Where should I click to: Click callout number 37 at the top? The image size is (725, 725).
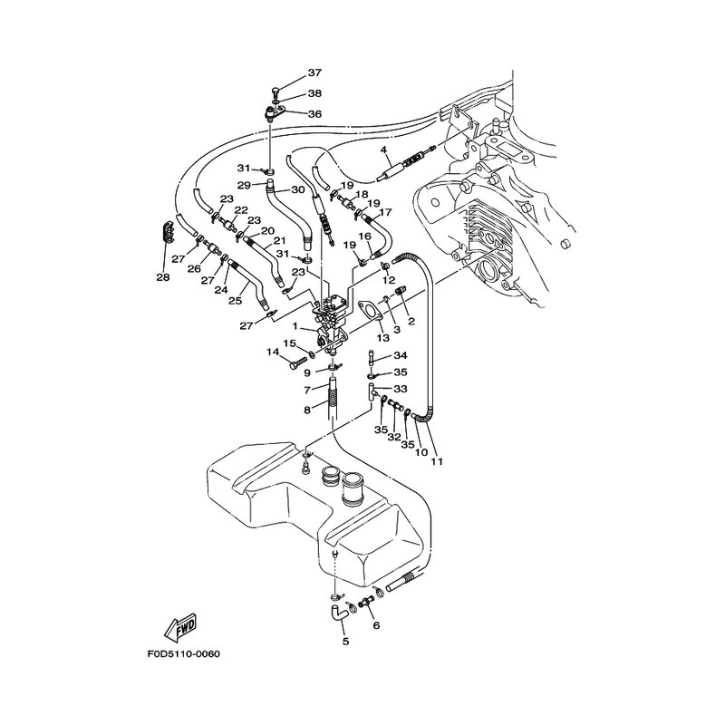(x=314, y=72)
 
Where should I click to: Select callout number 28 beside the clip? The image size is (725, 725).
(x=163, y=277)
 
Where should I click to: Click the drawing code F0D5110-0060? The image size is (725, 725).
(x=183, y=653)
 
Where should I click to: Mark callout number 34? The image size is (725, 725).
(x=400, y=355)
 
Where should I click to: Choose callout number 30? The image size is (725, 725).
(x=297, y=190)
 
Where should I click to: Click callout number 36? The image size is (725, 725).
(x=314, y=114)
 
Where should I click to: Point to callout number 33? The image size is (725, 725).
(x=400, y=388)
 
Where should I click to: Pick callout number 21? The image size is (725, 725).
(x=280, y=242)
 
